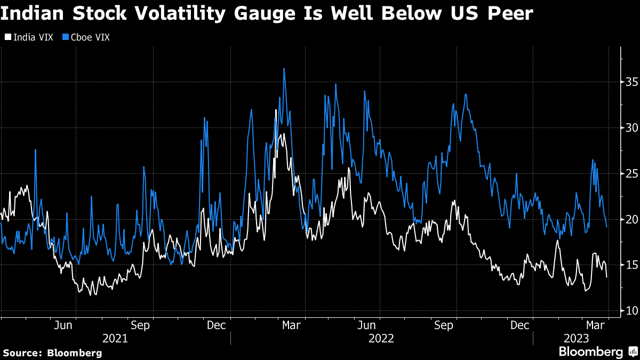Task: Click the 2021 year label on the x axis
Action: [x=115, y=338]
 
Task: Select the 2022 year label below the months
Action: [x=381, y=338]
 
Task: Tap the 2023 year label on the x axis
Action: [x=577, y=338]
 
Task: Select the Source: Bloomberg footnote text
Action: [x=52, y=353]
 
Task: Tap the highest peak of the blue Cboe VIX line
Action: [x=284, y=69]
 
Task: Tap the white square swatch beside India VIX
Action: [x=8, y=37]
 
